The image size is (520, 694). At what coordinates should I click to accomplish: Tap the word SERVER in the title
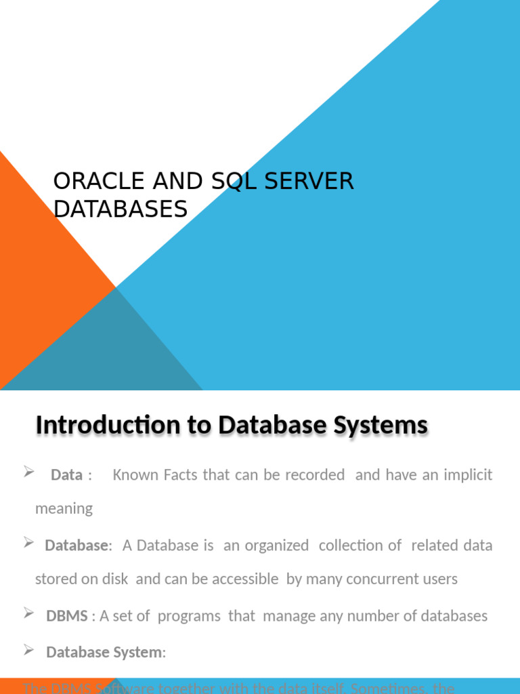click(314, 182)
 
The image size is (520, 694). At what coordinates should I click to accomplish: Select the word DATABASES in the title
click(121, 210)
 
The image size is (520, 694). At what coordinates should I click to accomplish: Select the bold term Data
click(66, 475)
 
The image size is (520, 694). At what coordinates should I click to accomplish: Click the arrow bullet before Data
click(29, 472)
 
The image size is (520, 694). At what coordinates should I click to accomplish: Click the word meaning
click(64, 509)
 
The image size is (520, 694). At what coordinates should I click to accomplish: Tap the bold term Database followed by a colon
click(77, 546)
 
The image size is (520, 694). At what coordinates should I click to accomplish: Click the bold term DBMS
click(66, 616)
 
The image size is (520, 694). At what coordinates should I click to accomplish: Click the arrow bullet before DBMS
click(29, 613)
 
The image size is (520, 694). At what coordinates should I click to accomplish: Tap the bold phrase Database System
click(104, 653)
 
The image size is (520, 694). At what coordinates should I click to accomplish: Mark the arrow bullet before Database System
click(29, 650)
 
